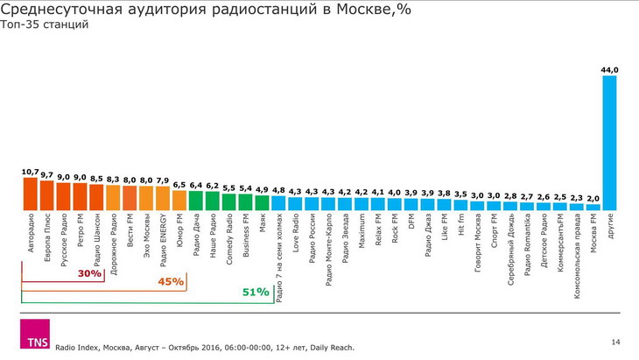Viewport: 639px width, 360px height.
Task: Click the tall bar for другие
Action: pos(610,144)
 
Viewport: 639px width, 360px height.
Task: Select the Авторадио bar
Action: pos(30,194)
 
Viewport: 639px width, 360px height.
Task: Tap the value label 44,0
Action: pos(610,69)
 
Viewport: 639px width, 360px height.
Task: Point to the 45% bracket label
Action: pos(172,282)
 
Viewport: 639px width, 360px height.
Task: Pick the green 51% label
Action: pos(256,293)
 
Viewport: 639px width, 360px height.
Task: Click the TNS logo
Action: pos(36,335)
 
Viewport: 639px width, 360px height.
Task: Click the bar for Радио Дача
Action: pos(195,201)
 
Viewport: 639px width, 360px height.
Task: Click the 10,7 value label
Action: pos(30,173)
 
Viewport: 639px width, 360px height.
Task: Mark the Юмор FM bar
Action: pos(179,201)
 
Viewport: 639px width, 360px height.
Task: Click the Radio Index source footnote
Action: pos(205,347)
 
